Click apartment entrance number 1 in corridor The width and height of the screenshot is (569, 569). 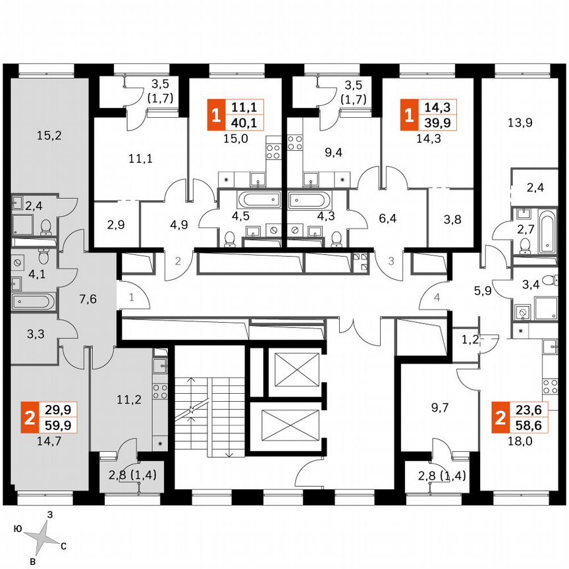(131, 298)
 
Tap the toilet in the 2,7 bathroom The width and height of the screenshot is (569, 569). (525, 246)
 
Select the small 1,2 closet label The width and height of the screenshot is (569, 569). (470, 340)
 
